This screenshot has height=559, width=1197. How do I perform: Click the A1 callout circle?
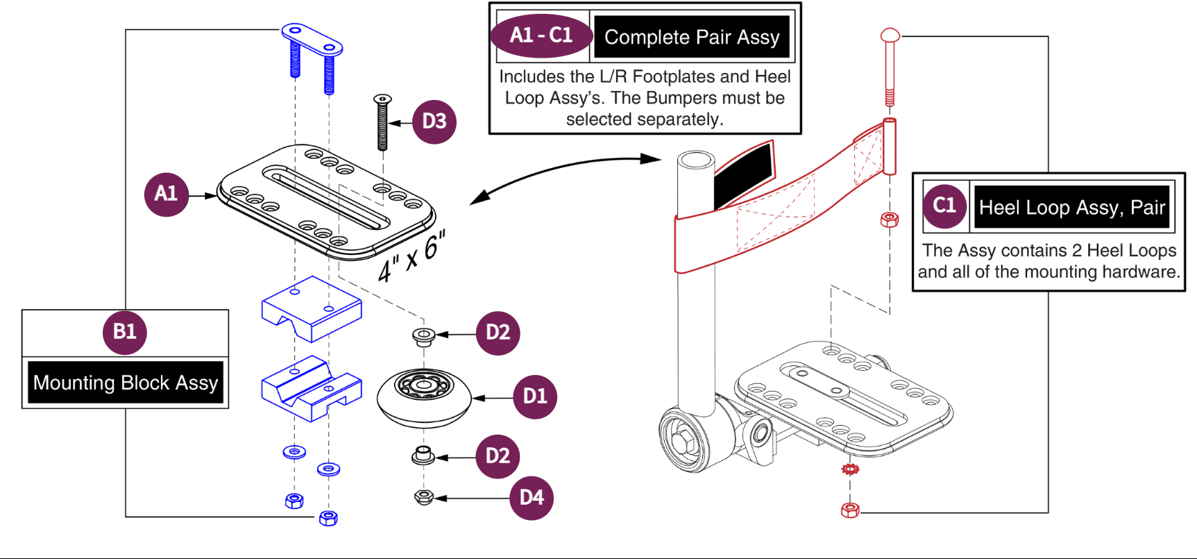pos(167,194)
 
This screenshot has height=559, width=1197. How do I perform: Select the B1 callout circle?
pos(125,332)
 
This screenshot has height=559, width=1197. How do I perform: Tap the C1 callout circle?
pos(944,206)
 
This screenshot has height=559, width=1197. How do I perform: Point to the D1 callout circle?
pos(535,397)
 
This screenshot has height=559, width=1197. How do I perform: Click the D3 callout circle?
pos(434,122)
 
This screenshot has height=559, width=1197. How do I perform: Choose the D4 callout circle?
pos(532,498)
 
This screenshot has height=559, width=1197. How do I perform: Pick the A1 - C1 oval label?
pos(541,36)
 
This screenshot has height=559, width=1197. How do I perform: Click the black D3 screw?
pos(382,122)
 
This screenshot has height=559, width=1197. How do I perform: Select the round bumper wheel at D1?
pos(424,398)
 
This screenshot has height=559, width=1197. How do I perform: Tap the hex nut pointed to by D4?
pos(424,497)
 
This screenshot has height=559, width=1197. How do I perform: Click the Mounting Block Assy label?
pos(126,383)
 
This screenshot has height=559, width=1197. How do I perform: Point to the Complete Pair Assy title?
pos(692,37)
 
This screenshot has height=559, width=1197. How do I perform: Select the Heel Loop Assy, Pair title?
pos(1072,207)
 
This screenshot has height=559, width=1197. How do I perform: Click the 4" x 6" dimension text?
pos(411,256)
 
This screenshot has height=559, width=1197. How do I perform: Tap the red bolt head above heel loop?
pos(890,35)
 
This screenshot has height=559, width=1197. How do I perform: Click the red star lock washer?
pos(850,469)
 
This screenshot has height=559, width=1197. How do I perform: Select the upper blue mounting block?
pos(312,308)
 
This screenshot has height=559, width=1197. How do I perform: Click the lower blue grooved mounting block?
pos(312,389)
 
